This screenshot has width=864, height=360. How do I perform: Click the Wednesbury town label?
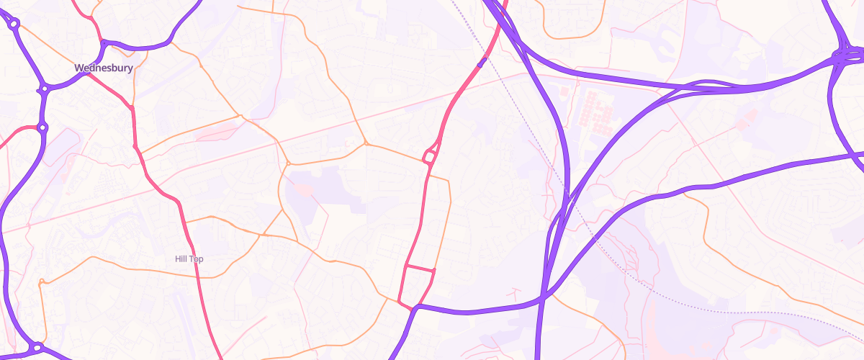pyautogui.click(x=104, y=68)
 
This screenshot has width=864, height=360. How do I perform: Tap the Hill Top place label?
pyautogui.click(x=189, y=258)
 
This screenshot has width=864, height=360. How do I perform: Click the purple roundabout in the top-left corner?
pyautogui.click(x=14, y=24)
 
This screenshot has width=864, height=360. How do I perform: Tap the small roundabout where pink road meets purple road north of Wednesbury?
pyautogui.click(x=104, y=43)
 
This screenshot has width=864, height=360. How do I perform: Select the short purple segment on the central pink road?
pyautogui.click(x=481, y=63)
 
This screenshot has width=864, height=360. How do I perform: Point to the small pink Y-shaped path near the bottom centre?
pyautogui.click(x=514, y=293)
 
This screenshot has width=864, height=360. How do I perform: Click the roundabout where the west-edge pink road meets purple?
pyautogui.click(x=42, y=128)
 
